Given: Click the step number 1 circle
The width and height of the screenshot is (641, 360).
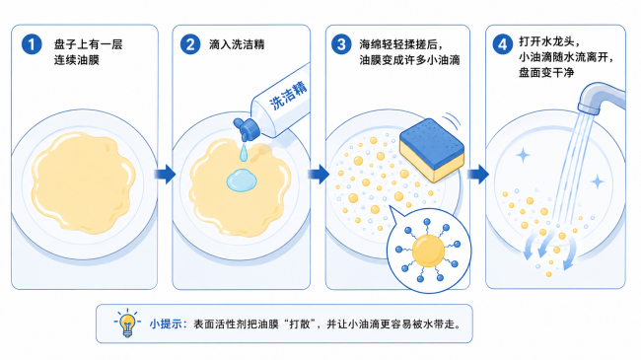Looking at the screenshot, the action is (x=32, y=44).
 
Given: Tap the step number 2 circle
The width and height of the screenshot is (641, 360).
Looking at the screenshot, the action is (x=190, y=44).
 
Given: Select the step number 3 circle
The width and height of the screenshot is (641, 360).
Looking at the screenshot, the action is (x=341, y=44).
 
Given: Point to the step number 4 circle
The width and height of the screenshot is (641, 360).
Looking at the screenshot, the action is (x=502, y=44).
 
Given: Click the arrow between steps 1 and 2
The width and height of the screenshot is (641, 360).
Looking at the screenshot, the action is (x=165, y=174).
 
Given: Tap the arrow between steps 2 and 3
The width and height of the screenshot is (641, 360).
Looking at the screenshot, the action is (x=319, y=174).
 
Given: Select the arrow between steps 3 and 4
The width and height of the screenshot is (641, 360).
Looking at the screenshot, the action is (x=478, y=174).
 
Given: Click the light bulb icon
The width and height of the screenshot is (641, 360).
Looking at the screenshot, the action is (x=127, y=324).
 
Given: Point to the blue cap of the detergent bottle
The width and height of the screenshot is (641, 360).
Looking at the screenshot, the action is (x=247, y=128).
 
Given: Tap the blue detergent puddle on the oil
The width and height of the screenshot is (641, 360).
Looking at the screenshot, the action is (x=242, y=180).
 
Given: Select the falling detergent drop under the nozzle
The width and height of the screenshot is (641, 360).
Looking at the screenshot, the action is (x=244, y=152).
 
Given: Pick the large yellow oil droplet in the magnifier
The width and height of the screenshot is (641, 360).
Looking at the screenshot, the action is (x=428, y=251).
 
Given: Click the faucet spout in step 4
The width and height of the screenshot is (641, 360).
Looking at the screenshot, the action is (x=600, y=99).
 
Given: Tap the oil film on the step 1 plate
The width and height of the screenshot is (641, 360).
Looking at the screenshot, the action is (x=84, y=182).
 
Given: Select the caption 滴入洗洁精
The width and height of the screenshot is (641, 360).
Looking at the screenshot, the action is (x=237, y=44).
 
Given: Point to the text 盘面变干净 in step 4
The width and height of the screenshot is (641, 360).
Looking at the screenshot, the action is (x=546, y=73).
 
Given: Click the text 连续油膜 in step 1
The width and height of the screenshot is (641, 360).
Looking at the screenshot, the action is (x=77, y=60).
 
